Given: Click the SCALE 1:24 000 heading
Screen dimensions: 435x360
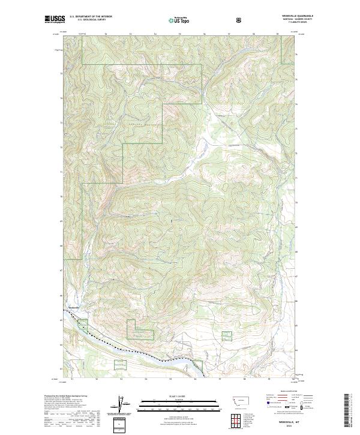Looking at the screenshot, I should pos(179,395).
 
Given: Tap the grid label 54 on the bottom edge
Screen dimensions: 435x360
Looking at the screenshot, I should pos(146,379).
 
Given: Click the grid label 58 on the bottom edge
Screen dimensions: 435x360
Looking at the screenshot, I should pos(245,379).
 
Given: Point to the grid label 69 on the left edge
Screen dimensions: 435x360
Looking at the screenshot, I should pos(62,221).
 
